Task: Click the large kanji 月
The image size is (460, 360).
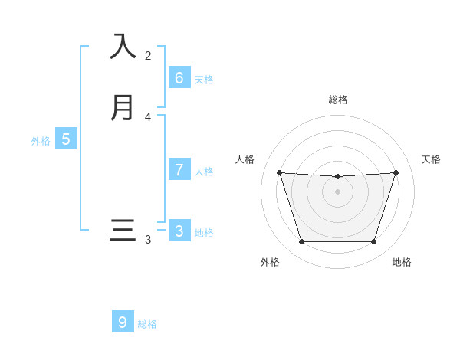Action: pos(123,107)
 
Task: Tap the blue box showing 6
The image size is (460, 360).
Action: pos(179,77)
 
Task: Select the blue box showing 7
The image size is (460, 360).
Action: pos(179,170)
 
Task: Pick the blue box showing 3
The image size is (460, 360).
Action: pos(179,231)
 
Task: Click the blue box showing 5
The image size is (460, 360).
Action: pos(66,139)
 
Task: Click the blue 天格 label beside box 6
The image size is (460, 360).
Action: pos(204,80)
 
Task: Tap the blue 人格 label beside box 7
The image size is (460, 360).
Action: pos(204,172)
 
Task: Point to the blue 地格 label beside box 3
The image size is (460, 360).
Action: pos(204,233)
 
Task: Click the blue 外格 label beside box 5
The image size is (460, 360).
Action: pos(41,141)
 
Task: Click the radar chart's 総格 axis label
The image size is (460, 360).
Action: pos(338,100)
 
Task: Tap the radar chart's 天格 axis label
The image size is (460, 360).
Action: pos(432,159)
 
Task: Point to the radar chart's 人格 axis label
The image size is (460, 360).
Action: pos(245,159)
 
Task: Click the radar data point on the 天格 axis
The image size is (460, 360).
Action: pos(396,172)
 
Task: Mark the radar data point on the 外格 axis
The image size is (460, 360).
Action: pos(301,242)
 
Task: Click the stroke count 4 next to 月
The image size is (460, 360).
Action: pos(148,117)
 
